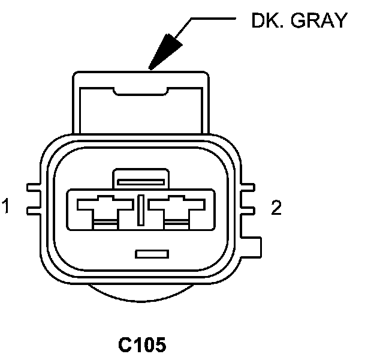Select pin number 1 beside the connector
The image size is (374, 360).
(x=7, y=208)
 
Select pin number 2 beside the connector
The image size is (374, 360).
(x=276, y=208)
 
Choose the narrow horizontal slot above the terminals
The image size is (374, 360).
(x=140, y=180)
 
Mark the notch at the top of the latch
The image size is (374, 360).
(x=141, y=91)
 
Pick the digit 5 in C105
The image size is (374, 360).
(x=158, y=345)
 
